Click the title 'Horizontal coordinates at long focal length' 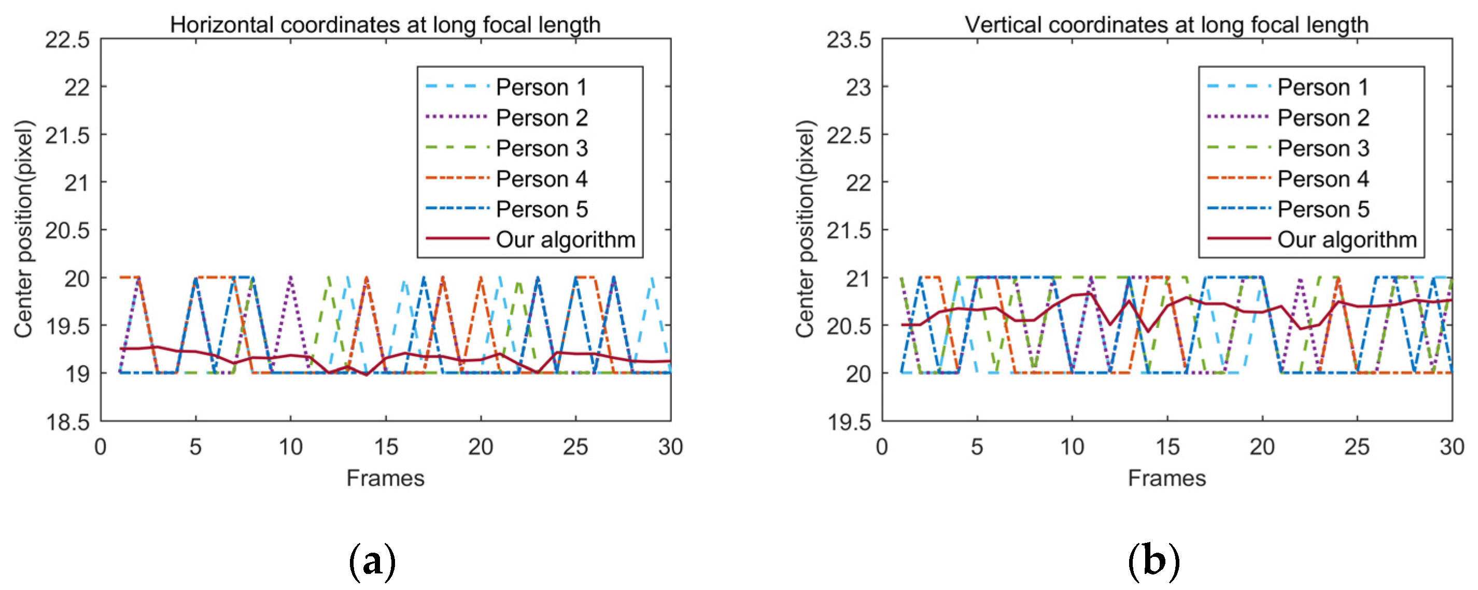point(385,25)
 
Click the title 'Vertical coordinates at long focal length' point(1166,25)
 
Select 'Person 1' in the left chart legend point(541,88)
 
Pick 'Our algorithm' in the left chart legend point(565,240)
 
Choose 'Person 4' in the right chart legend point(1322,179)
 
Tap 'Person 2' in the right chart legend point(1322,118)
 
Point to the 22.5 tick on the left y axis point(68,40)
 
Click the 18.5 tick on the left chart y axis point(68,423)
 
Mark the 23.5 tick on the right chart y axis point(849,40)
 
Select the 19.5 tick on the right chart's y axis point(849,423)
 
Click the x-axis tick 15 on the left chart point(386,447)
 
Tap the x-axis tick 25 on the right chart point(1357,447)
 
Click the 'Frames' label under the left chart point(385,478)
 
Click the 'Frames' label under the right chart point(1166,478)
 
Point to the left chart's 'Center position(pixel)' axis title point(23,229)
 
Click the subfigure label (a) point(372,562)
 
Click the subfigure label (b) point(1154,562)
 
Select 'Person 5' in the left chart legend point(541,209)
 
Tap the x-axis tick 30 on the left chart point(670,447)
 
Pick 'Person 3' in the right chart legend point(1322,149)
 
